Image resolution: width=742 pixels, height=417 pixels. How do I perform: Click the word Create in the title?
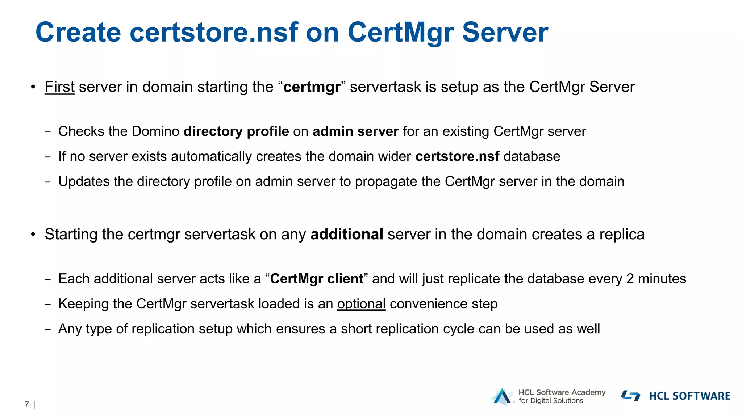point(78,33)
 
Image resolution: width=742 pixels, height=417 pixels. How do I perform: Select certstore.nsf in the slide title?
point(214,33)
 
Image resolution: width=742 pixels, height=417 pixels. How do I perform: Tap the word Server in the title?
point(505,33)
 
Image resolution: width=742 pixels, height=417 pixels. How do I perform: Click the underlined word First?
point(59,87)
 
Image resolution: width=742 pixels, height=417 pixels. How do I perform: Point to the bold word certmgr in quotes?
point(312,87)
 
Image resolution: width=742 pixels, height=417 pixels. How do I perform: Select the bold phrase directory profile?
point(236,131)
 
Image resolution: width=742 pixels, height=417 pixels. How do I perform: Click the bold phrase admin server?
point(355,131)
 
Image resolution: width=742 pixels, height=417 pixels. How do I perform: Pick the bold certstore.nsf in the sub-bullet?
point(457,156)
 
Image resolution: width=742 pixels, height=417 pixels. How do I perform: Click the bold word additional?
point(347,235)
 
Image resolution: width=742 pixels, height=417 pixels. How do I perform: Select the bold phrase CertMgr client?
point(317,279)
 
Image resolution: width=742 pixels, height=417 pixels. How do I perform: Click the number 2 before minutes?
point(630,279)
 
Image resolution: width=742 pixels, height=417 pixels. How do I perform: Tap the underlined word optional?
point(361,304)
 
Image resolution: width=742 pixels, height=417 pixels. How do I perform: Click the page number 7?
point(27,404)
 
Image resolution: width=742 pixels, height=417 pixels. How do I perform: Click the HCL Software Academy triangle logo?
point(502,396)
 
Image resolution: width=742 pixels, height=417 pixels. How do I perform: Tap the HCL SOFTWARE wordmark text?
point(689,396)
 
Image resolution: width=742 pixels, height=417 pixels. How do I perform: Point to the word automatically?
point(211,157)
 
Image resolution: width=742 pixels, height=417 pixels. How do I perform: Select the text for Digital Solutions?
point(551,401)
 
